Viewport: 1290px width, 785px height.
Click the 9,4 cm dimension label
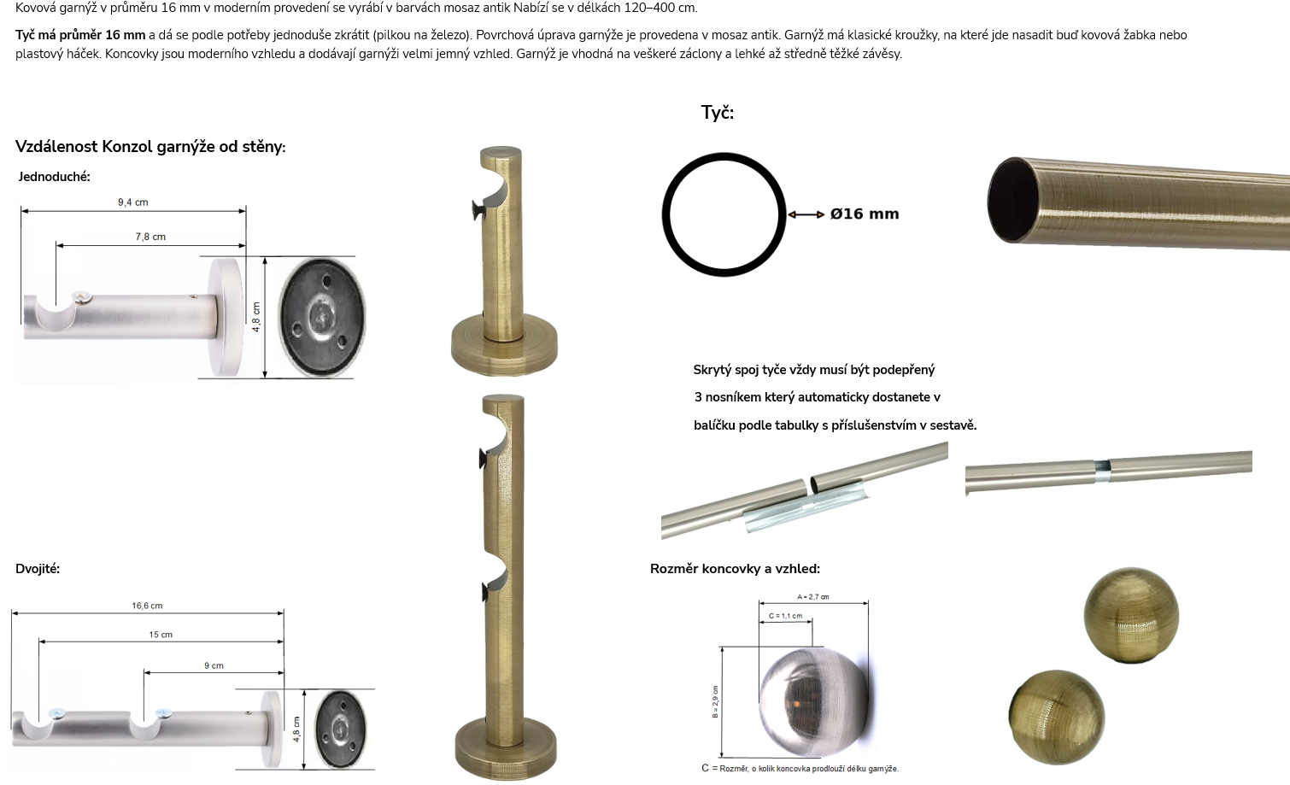[133, 202]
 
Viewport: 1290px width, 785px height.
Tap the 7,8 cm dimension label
[150, 237]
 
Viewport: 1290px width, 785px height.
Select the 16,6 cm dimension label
[147, 606]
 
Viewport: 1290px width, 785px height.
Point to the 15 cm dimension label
[161, 634]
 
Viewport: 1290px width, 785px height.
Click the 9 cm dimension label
[214, 665]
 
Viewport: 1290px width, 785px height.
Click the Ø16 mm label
[865, 214]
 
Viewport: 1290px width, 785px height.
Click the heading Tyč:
[717, 112]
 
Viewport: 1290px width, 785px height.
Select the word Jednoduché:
[54, 177]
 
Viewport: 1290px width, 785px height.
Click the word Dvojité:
[38, 568]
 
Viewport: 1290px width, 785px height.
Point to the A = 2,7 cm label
[813, 597]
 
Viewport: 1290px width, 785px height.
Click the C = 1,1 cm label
[785, 616]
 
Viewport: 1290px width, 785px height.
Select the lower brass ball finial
[1057, 718]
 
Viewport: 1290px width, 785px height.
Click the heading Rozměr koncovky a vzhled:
[735, 568]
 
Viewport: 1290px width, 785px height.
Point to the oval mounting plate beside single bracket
[322, 317]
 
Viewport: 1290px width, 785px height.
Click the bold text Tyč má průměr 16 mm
[80, 35]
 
